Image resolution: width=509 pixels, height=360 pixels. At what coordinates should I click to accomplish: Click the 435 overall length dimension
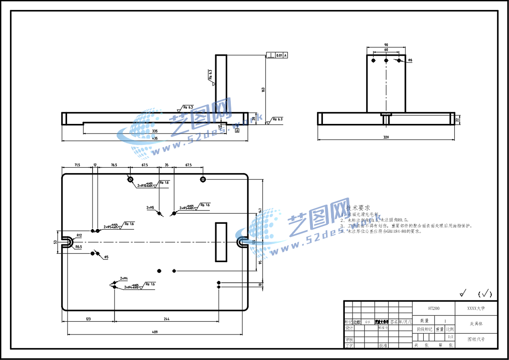155,138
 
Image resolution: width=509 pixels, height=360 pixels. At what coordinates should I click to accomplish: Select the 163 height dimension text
263,89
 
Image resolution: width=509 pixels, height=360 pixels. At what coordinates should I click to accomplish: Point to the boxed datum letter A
237,131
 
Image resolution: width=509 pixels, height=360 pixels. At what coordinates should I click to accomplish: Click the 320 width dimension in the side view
386,137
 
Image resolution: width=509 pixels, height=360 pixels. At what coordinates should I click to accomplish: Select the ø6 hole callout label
410,60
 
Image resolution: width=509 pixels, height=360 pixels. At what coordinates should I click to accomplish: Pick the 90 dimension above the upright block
386,45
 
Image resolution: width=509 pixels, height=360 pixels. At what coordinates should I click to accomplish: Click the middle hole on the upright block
386,60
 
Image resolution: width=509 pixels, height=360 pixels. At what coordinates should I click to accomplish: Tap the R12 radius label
79,236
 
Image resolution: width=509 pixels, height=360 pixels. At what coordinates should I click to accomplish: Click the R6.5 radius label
78,247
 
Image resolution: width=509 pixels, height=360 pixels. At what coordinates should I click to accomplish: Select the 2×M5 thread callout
150,207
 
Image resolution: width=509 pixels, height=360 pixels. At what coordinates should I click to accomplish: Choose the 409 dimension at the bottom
155,332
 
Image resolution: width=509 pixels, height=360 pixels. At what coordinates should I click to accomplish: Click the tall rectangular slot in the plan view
221,242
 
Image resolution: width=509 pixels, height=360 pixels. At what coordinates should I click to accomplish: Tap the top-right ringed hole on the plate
203,180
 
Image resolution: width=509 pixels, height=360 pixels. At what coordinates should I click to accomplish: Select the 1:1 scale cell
450,337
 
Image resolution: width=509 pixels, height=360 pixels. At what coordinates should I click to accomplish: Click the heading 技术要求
358,207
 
